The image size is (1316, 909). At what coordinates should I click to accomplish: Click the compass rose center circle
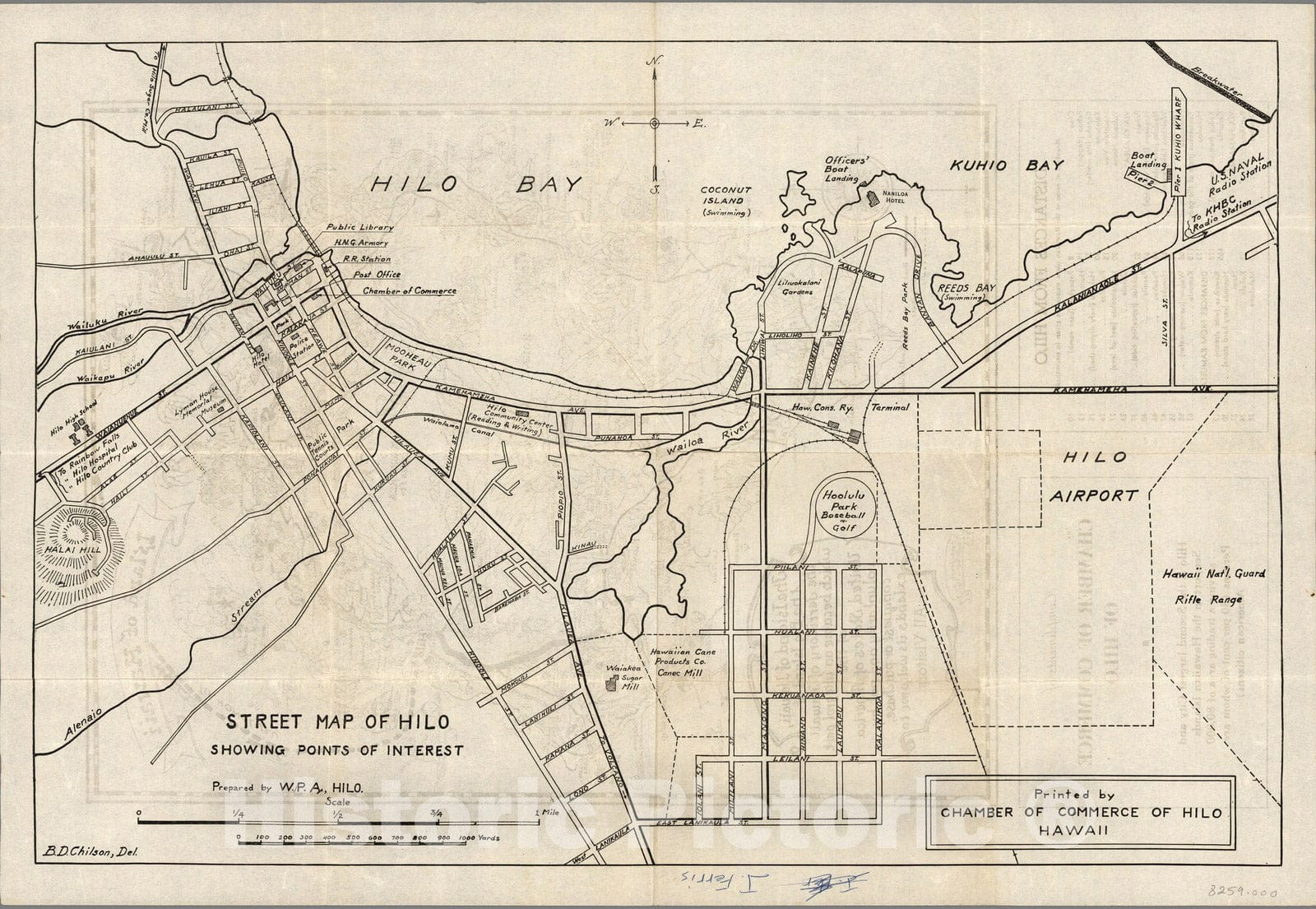[x=654, y=123]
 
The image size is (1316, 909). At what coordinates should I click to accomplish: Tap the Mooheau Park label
[x=399, y=356]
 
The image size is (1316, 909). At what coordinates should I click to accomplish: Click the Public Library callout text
[x=359, y=227]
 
